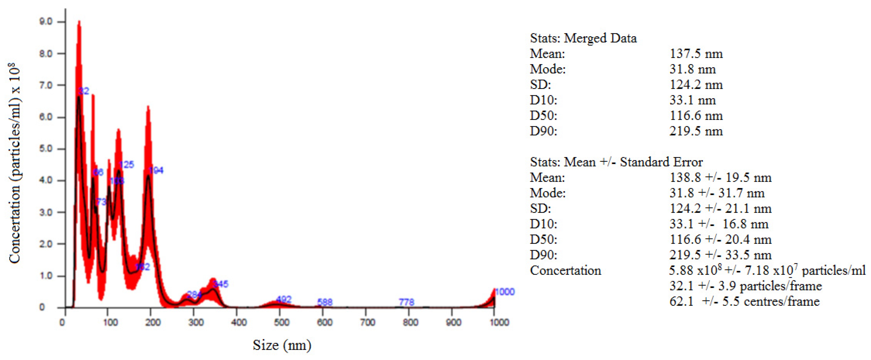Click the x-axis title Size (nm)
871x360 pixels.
[x=282, y=345]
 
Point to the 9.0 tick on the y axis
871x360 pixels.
[x=46, y=22]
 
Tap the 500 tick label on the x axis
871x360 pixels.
[x=281, y=322]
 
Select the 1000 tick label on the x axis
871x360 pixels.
[x=499, y=322]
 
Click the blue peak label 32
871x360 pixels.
[x=84, y=91]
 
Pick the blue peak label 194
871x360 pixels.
[x=156, y=170]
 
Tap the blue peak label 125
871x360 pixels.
[x=127, y=165]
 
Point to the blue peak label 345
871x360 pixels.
[x=221, y=284]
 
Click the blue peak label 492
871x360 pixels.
[x=284, y=299]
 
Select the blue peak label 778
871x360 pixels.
[x=406, y=302]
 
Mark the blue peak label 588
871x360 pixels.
[x=325, y=302]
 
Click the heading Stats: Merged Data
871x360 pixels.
[x=583, y=38]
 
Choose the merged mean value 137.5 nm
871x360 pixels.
[x=696, y=54]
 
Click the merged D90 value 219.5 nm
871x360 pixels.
[x=696, y=131]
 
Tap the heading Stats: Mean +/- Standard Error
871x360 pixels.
[x=616, y=162]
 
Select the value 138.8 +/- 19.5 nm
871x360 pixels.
[x=720, y=178]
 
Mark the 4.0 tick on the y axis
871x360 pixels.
[x=46, y=180]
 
